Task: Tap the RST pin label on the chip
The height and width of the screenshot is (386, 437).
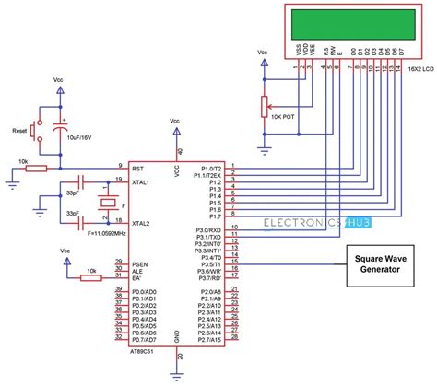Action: pyautogui.click(x=138, y=168)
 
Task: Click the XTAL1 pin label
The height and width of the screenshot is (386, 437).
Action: pyautogui.click(x=142, y=181)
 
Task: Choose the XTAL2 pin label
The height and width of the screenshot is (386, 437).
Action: pyautogui.click(x=142, y=223)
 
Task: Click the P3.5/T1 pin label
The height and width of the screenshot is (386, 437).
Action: pyautogui.click(x=211, y=263)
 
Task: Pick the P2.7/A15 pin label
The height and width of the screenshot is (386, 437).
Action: pyautogui.click(x=209, y=340)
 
